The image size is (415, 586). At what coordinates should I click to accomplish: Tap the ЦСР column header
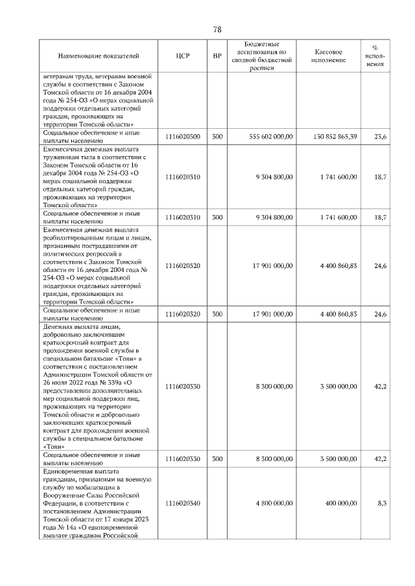click(x=182, y=56)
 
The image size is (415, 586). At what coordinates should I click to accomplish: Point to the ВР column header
click(x=217, y=56)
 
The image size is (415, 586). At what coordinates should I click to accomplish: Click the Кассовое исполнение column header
click(x=329, y=56)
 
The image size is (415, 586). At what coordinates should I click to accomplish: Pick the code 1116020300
click(x=182, y=137)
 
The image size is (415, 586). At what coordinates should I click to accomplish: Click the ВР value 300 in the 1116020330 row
click(x=217, y=458)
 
